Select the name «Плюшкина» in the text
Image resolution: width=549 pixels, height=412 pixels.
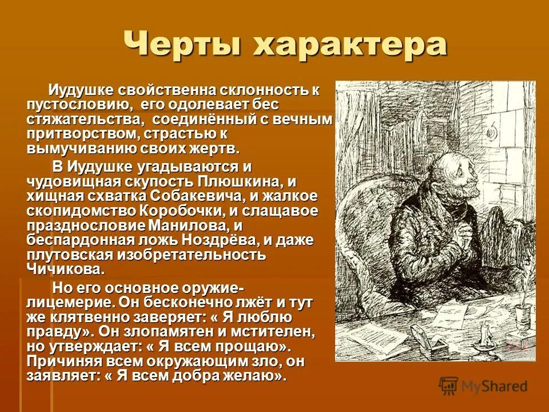[x=241, y=183]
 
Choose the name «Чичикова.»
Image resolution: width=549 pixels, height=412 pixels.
[x=66, y=268]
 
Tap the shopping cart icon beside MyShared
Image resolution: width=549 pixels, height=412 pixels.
[x=449, y=386]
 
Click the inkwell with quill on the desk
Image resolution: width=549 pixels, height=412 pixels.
[x=520, y=312]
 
